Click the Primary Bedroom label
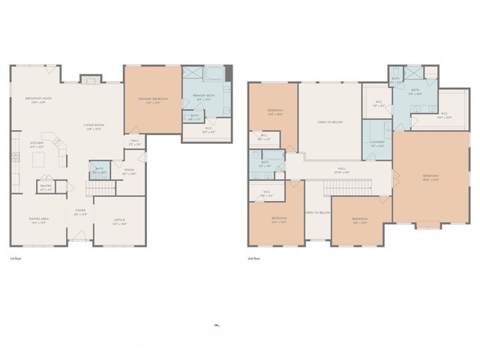coord(151,100)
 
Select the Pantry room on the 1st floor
coord(46,185)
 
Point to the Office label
coord(119,220)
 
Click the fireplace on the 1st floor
coord(90,79)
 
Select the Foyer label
coord(80,212)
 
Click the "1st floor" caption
coord(15,259)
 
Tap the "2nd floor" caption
coord(253,259)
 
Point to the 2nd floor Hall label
coord(341,169)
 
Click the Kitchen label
coord(37,145)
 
